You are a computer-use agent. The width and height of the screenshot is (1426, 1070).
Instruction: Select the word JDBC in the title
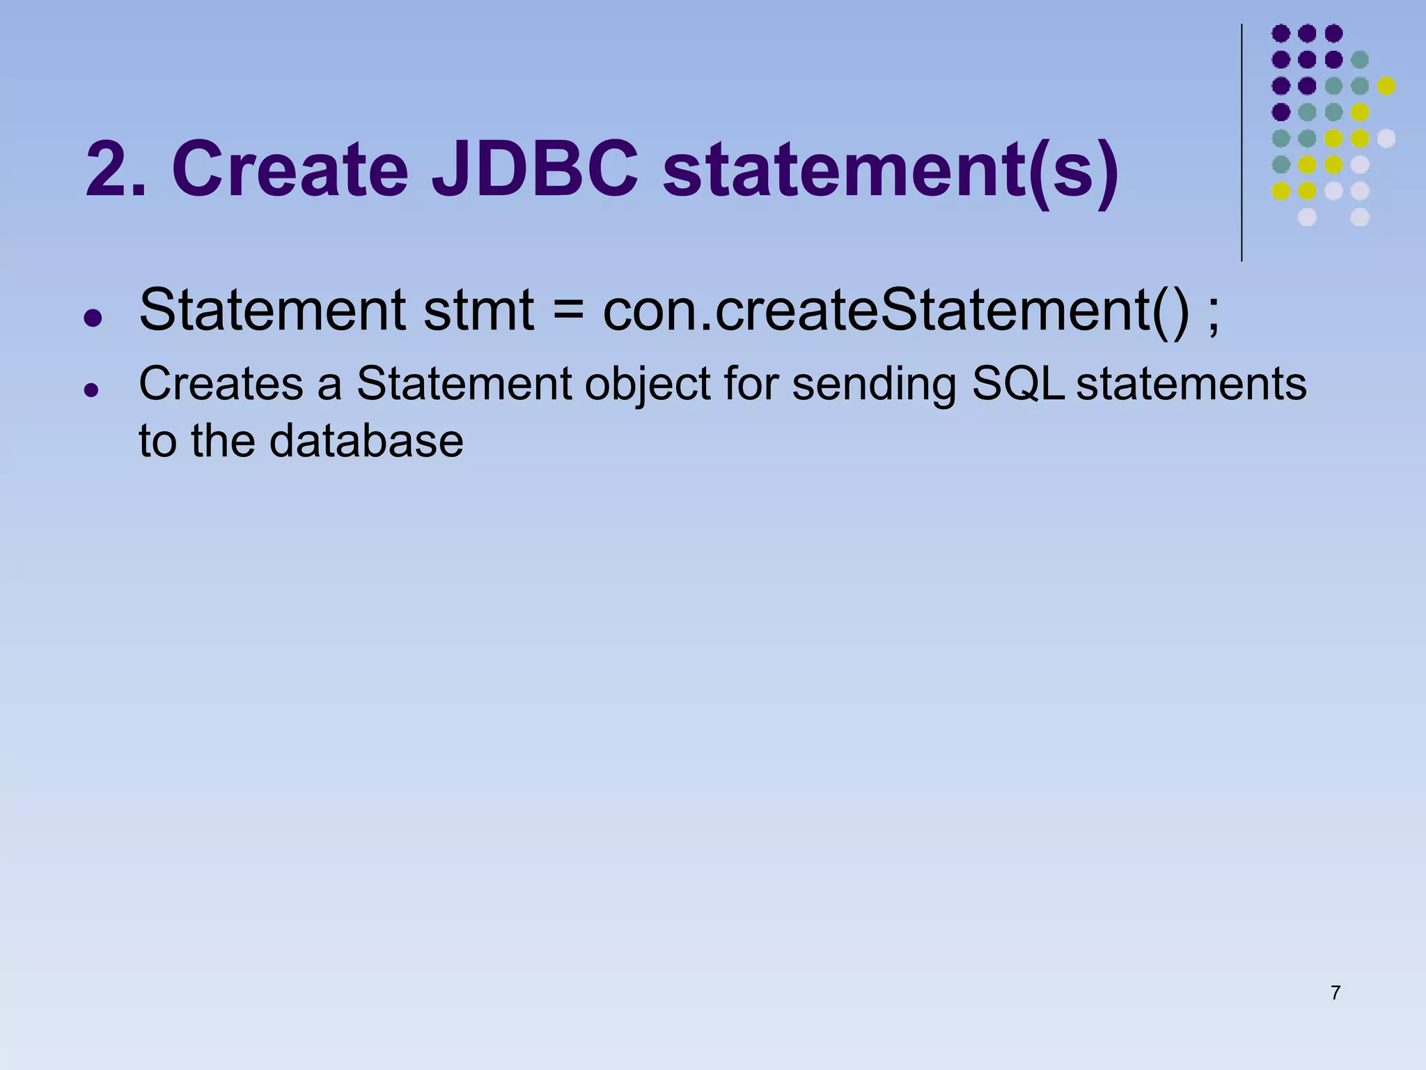(534, 169)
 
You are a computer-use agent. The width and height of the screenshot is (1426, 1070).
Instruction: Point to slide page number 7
(1335, 993)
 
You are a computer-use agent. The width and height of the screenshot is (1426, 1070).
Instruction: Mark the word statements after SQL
(1191, 383)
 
